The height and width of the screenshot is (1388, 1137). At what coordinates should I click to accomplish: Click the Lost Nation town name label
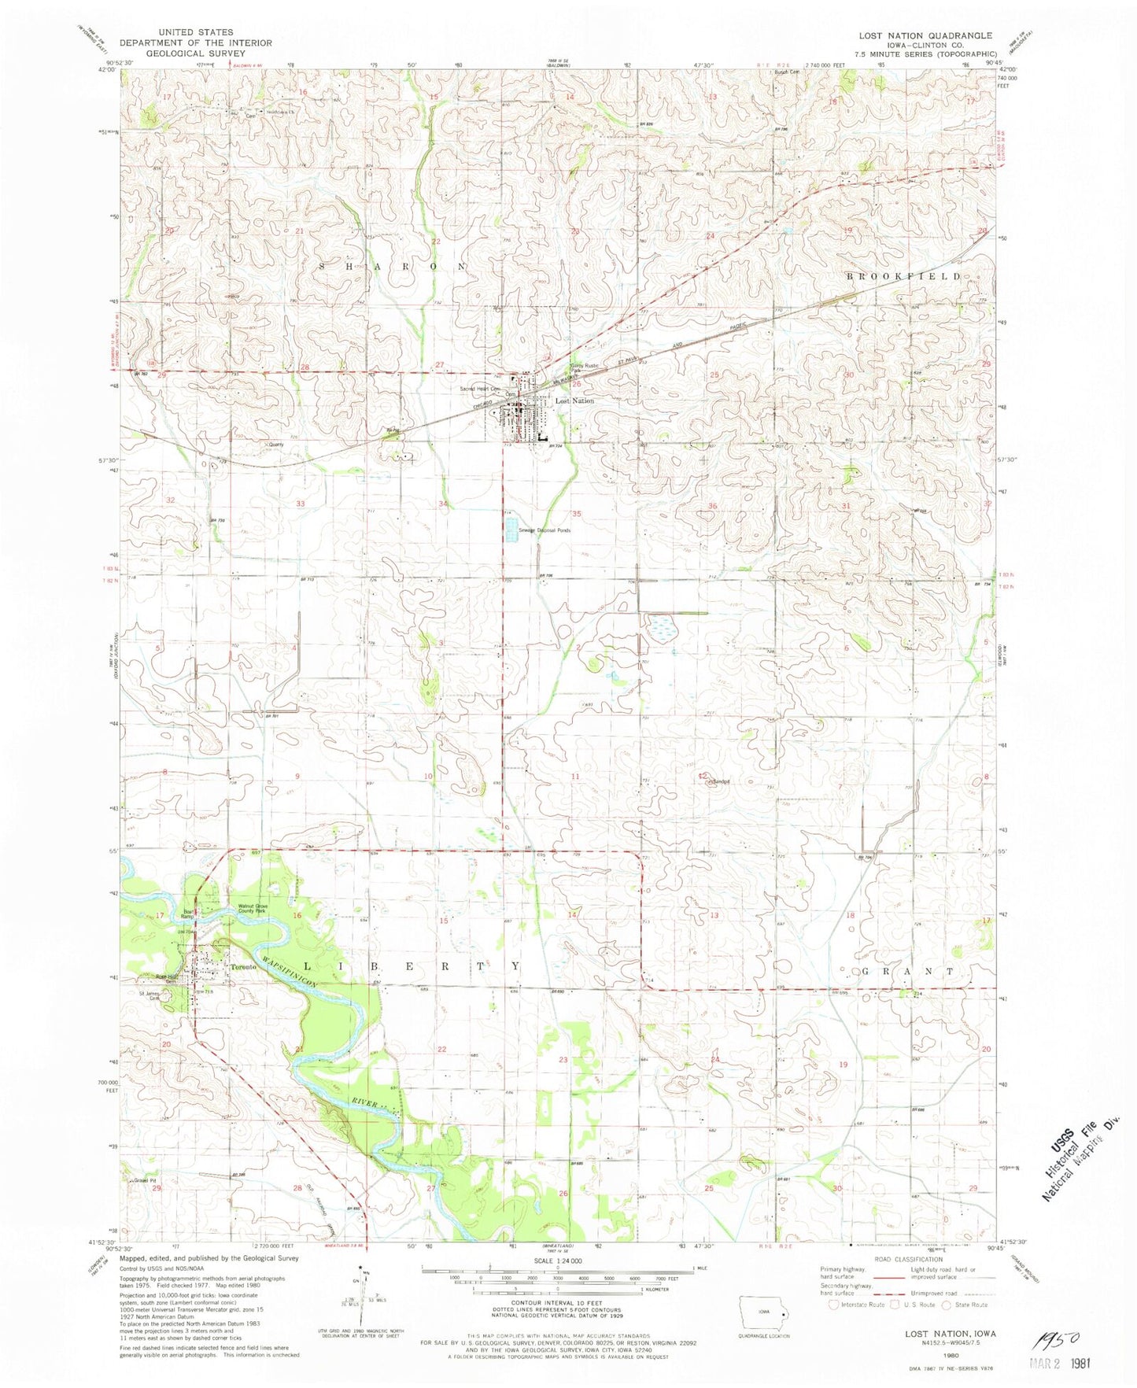[x=575, y=401]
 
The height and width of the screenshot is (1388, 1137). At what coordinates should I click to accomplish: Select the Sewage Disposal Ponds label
[x=544, y=530]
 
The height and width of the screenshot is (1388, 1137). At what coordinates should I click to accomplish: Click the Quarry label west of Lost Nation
[x=275, y=444]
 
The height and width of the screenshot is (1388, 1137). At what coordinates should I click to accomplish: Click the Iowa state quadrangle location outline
[x=762, y=1313]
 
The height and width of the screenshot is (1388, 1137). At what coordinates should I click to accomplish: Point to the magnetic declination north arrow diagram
[x=363, y=1306]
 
